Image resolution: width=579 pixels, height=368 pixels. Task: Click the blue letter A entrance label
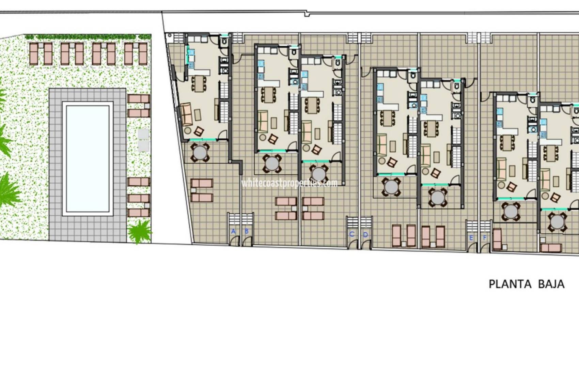point(233,231)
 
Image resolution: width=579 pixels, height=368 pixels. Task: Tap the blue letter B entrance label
point(246,231)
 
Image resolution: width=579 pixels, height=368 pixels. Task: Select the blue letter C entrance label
point(352,234)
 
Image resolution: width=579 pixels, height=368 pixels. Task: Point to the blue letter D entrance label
point(365,235)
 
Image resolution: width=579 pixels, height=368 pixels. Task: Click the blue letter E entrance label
point(471,238)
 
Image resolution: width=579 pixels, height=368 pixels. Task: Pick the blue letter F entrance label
point(485,238)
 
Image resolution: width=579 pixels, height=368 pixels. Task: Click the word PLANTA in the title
point(510,284)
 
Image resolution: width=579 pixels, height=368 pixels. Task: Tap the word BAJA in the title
point(551,284)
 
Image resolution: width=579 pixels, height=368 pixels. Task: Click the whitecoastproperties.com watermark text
point(289,183)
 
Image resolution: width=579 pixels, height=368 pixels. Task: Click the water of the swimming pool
point(88,158)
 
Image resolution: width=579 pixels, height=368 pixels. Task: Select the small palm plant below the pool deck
point(140,231)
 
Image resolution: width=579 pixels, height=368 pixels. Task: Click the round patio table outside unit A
point(200,152)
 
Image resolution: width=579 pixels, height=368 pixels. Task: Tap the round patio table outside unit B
point(272,163)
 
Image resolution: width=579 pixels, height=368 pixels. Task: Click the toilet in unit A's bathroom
point(224,41)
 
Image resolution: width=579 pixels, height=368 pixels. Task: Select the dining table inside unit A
point(199,84)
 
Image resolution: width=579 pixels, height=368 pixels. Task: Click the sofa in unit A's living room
point(186,114)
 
